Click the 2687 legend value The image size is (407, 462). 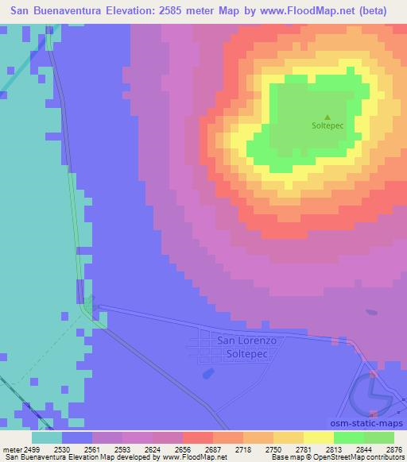[196, 449]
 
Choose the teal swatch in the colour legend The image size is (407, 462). [47, 437]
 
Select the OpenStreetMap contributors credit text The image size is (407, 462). [364, 457]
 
